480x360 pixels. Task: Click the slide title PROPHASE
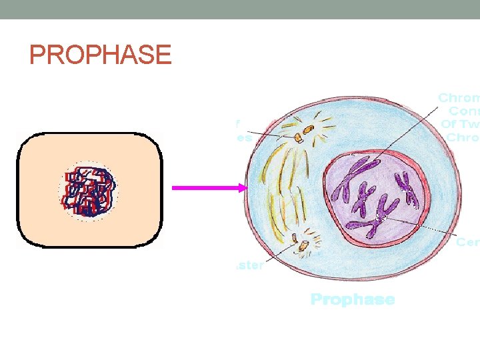[101, 55]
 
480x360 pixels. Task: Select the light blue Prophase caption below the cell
[352, 299]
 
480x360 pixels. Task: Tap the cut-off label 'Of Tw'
[461, 124]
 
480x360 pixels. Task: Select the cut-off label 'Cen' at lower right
[467, 242]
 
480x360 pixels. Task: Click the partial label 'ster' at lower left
[251, 265]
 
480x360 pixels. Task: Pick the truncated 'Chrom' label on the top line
[459, 98]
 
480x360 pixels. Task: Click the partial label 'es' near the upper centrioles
[244, 139]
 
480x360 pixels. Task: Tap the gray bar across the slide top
[240, 9]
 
